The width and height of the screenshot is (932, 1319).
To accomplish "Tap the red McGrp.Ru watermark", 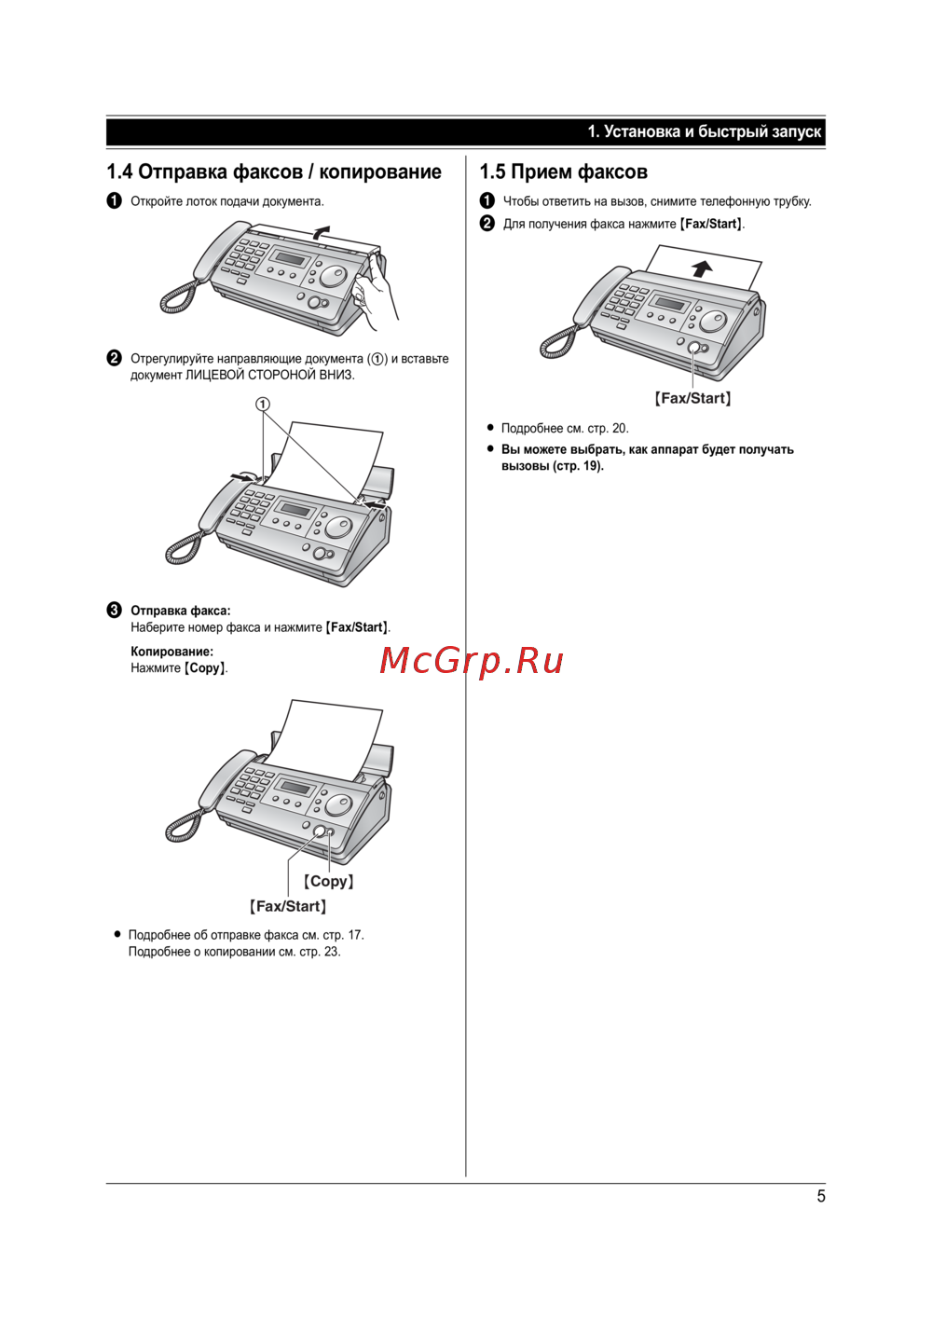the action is pos(472,661).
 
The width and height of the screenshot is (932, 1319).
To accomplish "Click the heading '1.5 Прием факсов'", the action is pos(564,172).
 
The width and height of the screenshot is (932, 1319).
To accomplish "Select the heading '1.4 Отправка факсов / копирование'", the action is pos(274,172).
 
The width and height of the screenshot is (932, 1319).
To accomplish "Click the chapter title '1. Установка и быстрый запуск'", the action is pos(705,131).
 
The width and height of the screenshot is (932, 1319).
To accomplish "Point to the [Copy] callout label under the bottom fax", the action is pos(328,881).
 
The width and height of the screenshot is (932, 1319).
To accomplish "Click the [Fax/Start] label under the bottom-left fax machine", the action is pos(287,906).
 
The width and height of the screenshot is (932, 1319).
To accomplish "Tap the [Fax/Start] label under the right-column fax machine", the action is pos(692,398).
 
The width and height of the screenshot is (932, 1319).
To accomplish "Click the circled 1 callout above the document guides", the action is pos(263,404).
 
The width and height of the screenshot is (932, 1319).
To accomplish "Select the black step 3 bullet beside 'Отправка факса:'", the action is pos(115,610).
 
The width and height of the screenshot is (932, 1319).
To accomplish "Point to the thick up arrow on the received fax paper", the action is pos(702,268).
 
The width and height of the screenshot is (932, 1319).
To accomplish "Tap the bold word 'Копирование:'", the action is pos(171,652).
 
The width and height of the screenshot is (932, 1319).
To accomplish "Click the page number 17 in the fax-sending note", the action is pos(355,935).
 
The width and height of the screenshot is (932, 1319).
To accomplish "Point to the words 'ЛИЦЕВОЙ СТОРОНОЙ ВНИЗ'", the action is pos(269,375).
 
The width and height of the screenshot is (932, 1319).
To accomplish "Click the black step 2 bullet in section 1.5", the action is pos(487,224).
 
